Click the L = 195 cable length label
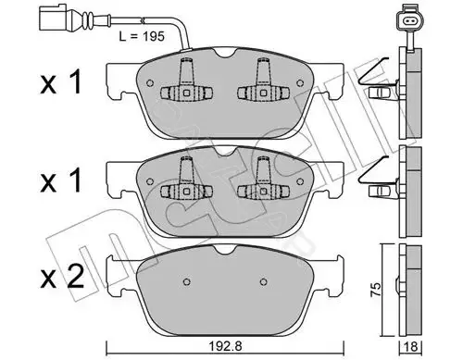(x=142, y=36)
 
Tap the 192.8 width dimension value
(x=225, y=346)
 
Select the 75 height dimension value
(x=376, y=289)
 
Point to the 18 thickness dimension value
(x=410, y=346)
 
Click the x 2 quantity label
(x=62, y=277)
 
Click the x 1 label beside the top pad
(x=61, y=81)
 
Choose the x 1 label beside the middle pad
(x=61, y=180)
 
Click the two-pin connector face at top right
(x=410, y=21)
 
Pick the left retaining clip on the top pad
(x=186, y=82)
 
